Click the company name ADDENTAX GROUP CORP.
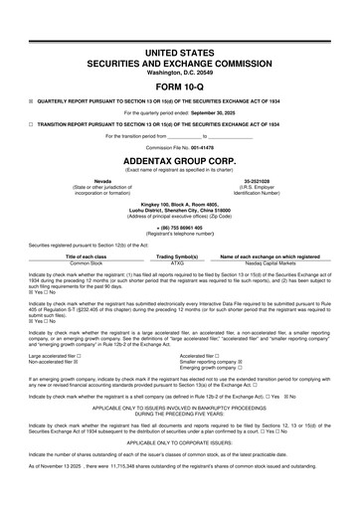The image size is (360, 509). pos(179,159)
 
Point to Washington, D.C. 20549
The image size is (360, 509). pos(179,72)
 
